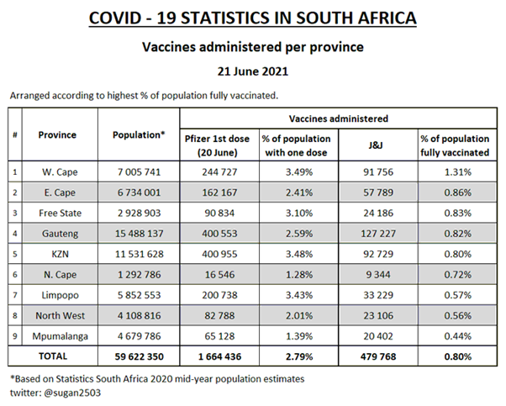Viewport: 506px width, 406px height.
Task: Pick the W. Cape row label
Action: [60, 171]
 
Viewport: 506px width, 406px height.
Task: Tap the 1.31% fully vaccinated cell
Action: [454, 171]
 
